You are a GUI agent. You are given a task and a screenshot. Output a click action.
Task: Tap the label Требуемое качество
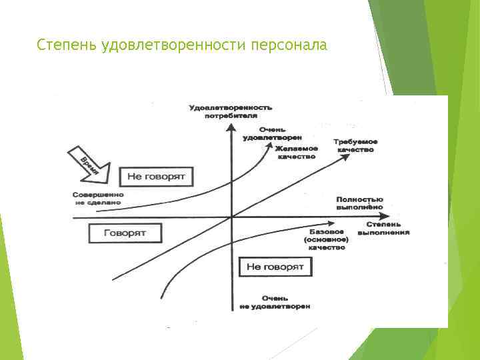[357, 146]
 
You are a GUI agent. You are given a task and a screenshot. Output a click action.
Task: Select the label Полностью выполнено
[360, 203]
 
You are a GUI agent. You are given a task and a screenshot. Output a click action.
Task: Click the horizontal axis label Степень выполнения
[383, 228]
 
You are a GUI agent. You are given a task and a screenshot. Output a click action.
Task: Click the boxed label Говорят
[125, 233]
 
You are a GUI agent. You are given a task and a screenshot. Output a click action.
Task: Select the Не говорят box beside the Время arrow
[156, 177]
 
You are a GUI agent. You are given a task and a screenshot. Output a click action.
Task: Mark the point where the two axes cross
[231, 216]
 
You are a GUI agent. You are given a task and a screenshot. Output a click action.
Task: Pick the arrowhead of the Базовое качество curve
[331, 224]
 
